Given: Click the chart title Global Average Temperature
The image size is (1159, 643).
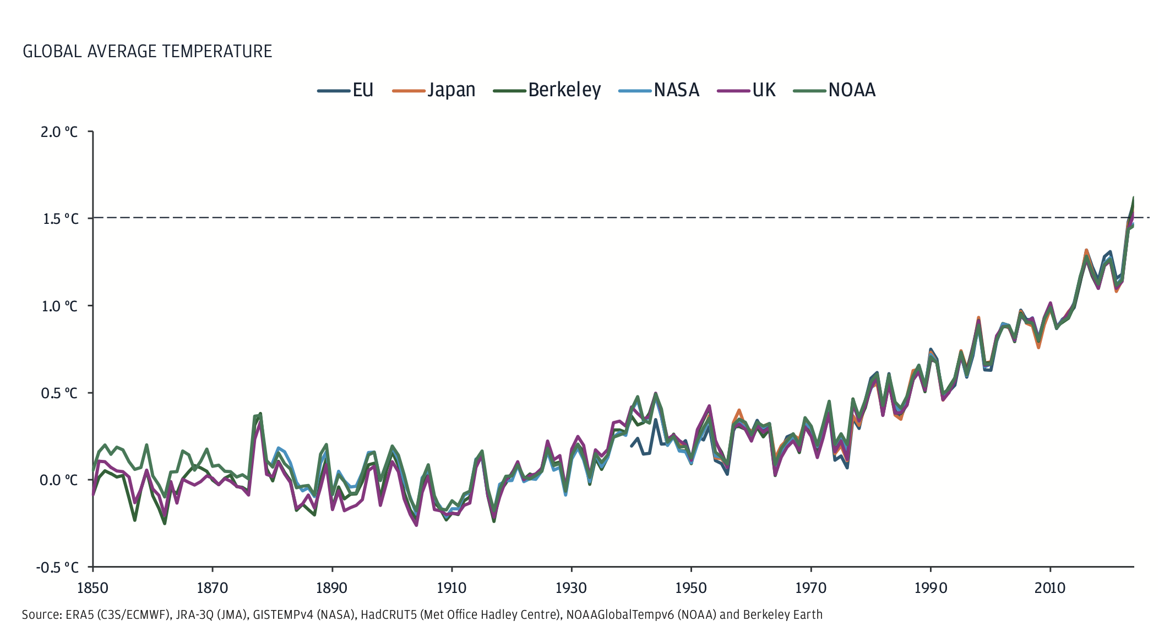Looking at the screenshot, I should (x=147, y=51).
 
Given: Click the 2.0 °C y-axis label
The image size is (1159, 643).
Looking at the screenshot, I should (x=59, y=132).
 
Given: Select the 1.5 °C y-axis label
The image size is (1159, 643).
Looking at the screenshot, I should (x=60, y=219).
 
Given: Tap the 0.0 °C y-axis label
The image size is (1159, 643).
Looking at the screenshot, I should (x=58, y=480).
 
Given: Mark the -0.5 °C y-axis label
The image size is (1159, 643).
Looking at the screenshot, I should (x=57, y=567).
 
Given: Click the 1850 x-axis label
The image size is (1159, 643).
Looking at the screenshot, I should (x=92, y=588).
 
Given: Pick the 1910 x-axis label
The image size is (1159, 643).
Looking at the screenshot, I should (x=451, y=588).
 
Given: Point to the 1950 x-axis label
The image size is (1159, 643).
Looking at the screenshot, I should (x=691, y=588).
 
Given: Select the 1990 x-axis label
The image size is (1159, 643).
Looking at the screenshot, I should (x=931, y=588).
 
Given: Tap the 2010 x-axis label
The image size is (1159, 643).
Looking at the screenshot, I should (x=1050, y=588).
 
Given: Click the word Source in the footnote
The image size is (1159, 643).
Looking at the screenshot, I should (x=41, y=614).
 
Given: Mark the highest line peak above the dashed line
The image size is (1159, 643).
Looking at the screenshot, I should (x=1133, y=198).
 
